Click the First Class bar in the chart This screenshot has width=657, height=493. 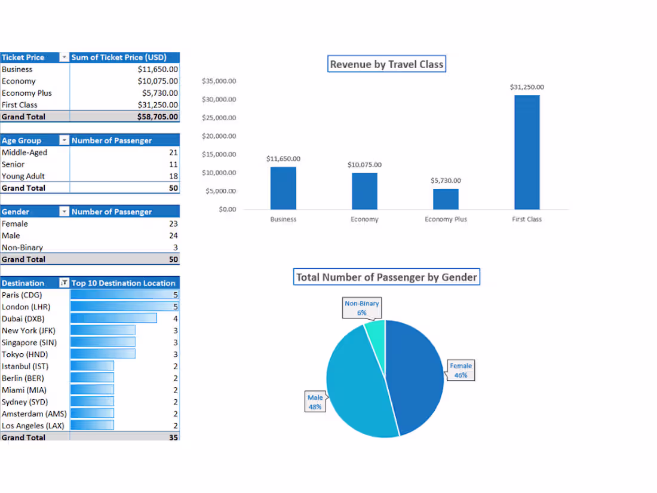point(527,152)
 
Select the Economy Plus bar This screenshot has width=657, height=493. point(446,199)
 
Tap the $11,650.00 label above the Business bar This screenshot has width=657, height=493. point(283,159)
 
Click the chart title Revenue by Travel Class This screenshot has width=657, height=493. point(386,65)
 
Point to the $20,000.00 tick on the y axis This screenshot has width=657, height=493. point(219,136)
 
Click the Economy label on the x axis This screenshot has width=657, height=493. point(364,219)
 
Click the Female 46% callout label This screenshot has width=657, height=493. point(460,370)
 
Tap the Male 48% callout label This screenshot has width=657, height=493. point(315,402)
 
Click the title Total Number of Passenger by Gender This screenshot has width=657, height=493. point(386,277)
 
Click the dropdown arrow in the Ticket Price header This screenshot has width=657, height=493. point(65,57)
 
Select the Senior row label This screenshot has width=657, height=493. point(13,164)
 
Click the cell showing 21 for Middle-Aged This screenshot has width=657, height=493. point(173,152)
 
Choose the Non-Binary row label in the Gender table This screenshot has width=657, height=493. point(22,247)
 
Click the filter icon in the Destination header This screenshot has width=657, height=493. point(65,283)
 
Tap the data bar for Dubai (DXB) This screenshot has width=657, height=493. point(113,319)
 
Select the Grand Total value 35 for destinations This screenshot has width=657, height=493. point(173,437)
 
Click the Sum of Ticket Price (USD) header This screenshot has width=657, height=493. point(118,57)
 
